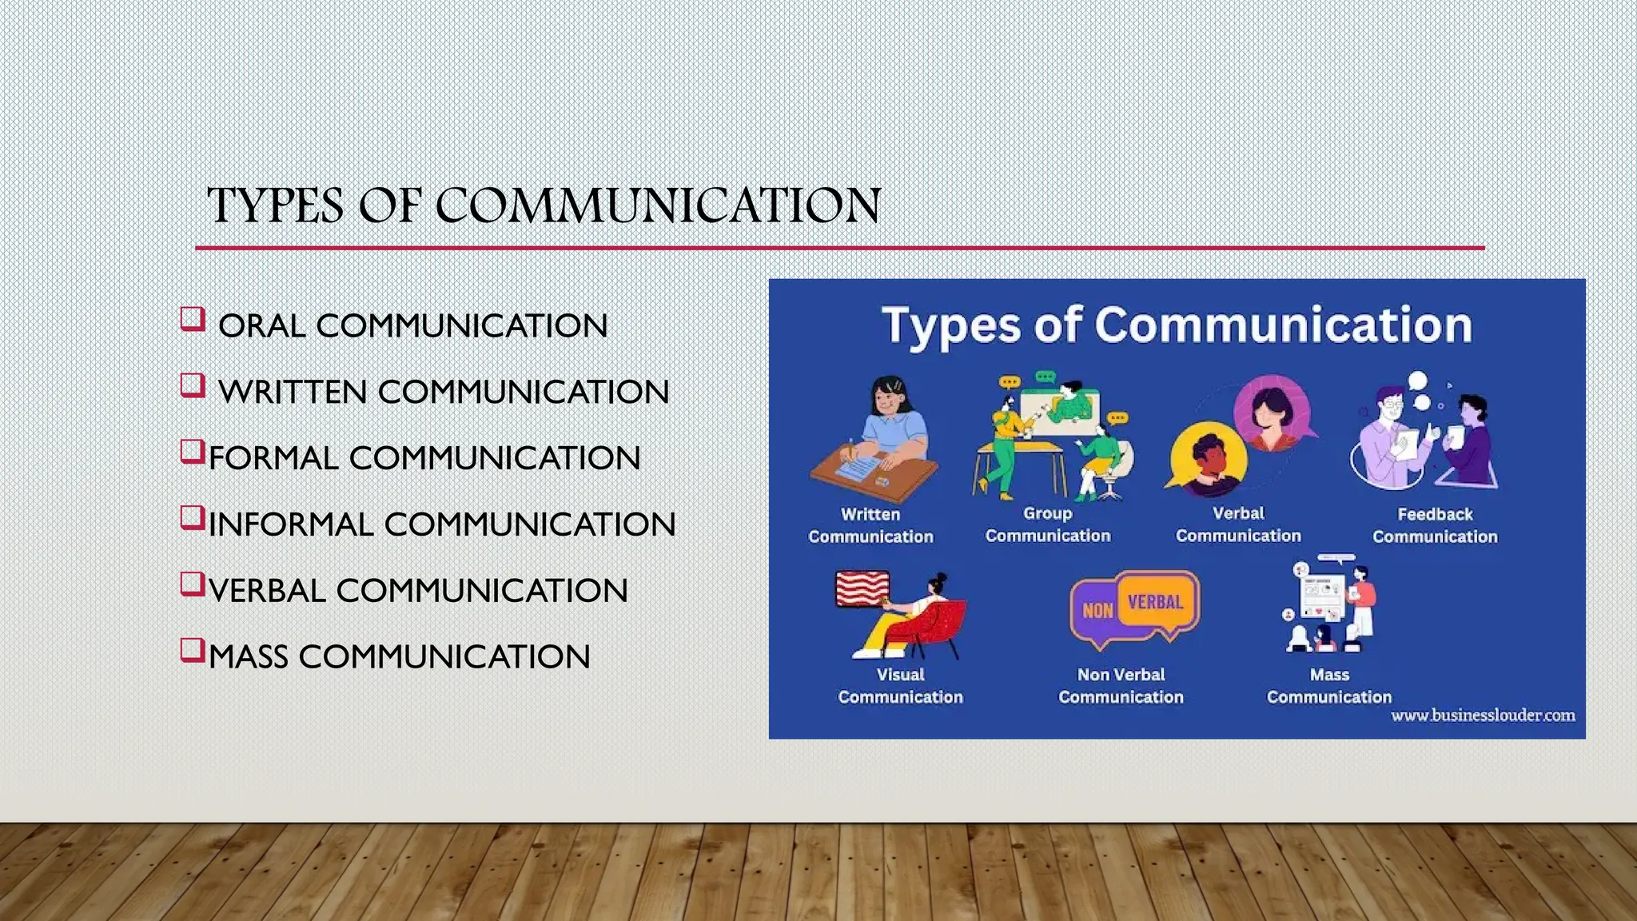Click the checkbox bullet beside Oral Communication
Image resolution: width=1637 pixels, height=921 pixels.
192,319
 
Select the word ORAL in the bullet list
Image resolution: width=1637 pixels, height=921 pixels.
261,326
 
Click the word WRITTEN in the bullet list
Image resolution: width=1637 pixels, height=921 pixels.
292,393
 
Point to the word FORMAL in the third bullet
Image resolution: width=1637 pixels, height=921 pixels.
273,459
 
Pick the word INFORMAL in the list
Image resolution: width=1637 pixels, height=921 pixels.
291,525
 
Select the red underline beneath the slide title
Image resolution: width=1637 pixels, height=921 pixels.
839,248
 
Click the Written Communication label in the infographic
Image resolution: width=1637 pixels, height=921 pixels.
870,525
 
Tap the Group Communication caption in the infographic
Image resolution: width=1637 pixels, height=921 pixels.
1047,524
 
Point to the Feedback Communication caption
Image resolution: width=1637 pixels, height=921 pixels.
1435,525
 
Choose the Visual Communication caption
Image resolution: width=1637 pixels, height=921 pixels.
900,686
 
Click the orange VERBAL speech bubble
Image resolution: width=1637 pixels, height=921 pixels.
1155,602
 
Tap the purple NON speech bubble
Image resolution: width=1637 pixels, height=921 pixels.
1097,612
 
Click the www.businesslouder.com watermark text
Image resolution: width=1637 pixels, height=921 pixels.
1483,716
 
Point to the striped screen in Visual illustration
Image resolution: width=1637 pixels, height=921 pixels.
862,588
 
